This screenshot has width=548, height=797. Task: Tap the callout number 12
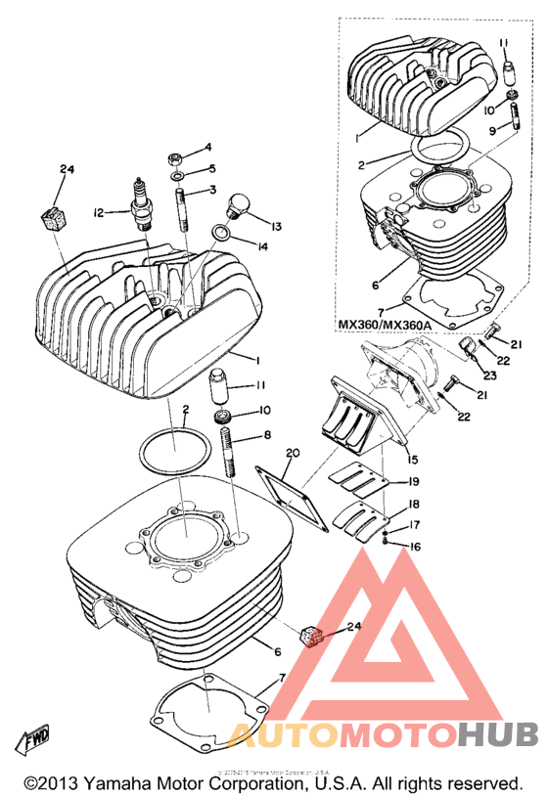click(99, 212)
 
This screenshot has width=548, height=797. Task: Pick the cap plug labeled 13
click(237, 205)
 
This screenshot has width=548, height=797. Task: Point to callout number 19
click(414, 481)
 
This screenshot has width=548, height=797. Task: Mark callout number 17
click(414, 524)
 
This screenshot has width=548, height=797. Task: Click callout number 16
click(414, 547)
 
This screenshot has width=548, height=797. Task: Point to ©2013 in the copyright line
click(55, 783)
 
